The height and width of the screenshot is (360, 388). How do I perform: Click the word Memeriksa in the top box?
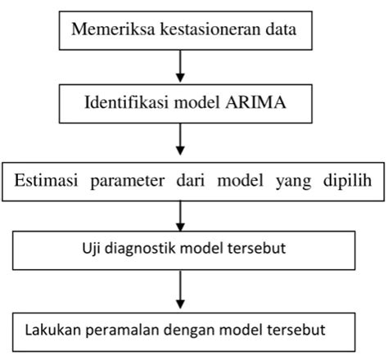click(x=107, y=32)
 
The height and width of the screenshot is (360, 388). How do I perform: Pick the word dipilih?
click(x=344, y=182)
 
